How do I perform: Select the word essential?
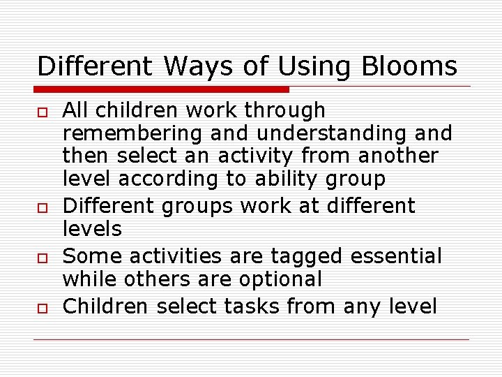[396, 256]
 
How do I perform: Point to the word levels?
[92, 229]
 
